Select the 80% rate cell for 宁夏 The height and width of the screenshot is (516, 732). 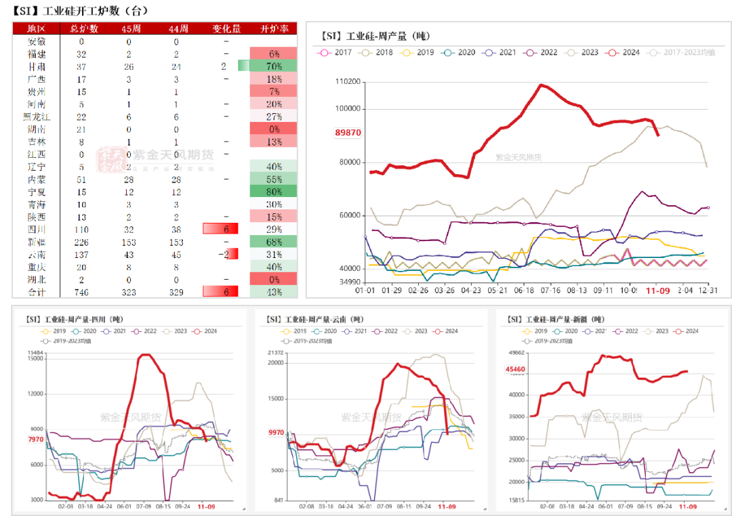pyautogui.click(x=274, y=192)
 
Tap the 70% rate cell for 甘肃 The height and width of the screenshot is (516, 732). pyautogui.click(x=274, y=66)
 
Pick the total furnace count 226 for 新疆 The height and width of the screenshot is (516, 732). pyautogui.click(x=81, y=242)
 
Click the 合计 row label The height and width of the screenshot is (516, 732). pyautogui.click(x=36, y=292)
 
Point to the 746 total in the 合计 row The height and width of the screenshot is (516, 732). pyautogui.click(x=81, y=292)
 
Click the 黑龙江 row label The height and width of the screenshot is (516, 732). pyautogui.click(x=36, y=116)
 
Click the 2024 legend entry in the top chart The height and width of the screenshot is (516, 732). pyautogui.click(x=624, y=52)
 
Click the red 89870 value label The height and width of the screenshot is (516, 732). pyautogui.click(x=348, y=133)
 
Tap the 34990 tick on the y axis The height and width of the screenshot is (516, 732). pyautogui.click(x=350, y=282)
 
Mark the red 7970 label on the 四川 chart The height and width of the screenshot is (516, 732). pyautogui.click(x=36, y=439)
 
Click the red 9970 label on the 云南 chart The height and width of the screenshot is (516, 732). pyautogui.click(x=276, y=432)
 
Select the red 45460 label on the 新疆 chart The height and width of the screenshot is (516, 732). pyautogui.click(x=515, y=370)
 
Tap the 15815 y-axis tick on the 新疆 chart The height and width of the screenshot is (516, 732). pyautogui.click(x=516, y=500)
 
